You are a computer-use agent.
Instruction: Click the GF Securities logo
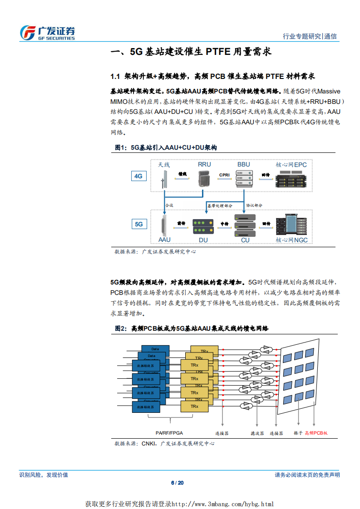[47, 33]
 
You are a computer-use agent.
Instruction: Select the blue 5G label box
[138, 224]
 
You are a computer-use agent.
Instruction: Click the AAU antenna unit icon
[164, 225]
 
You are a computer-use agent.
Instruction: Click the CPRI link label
[224, 175]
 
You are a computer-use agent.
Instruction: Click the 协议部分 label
[255, 206]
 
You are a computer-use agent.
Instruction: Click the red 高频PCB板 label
[316, 433]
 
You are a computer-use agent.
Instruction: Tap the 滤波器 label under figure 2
[258, 433]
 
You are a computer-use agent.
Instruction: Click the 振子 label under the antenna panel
[298, 433]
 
